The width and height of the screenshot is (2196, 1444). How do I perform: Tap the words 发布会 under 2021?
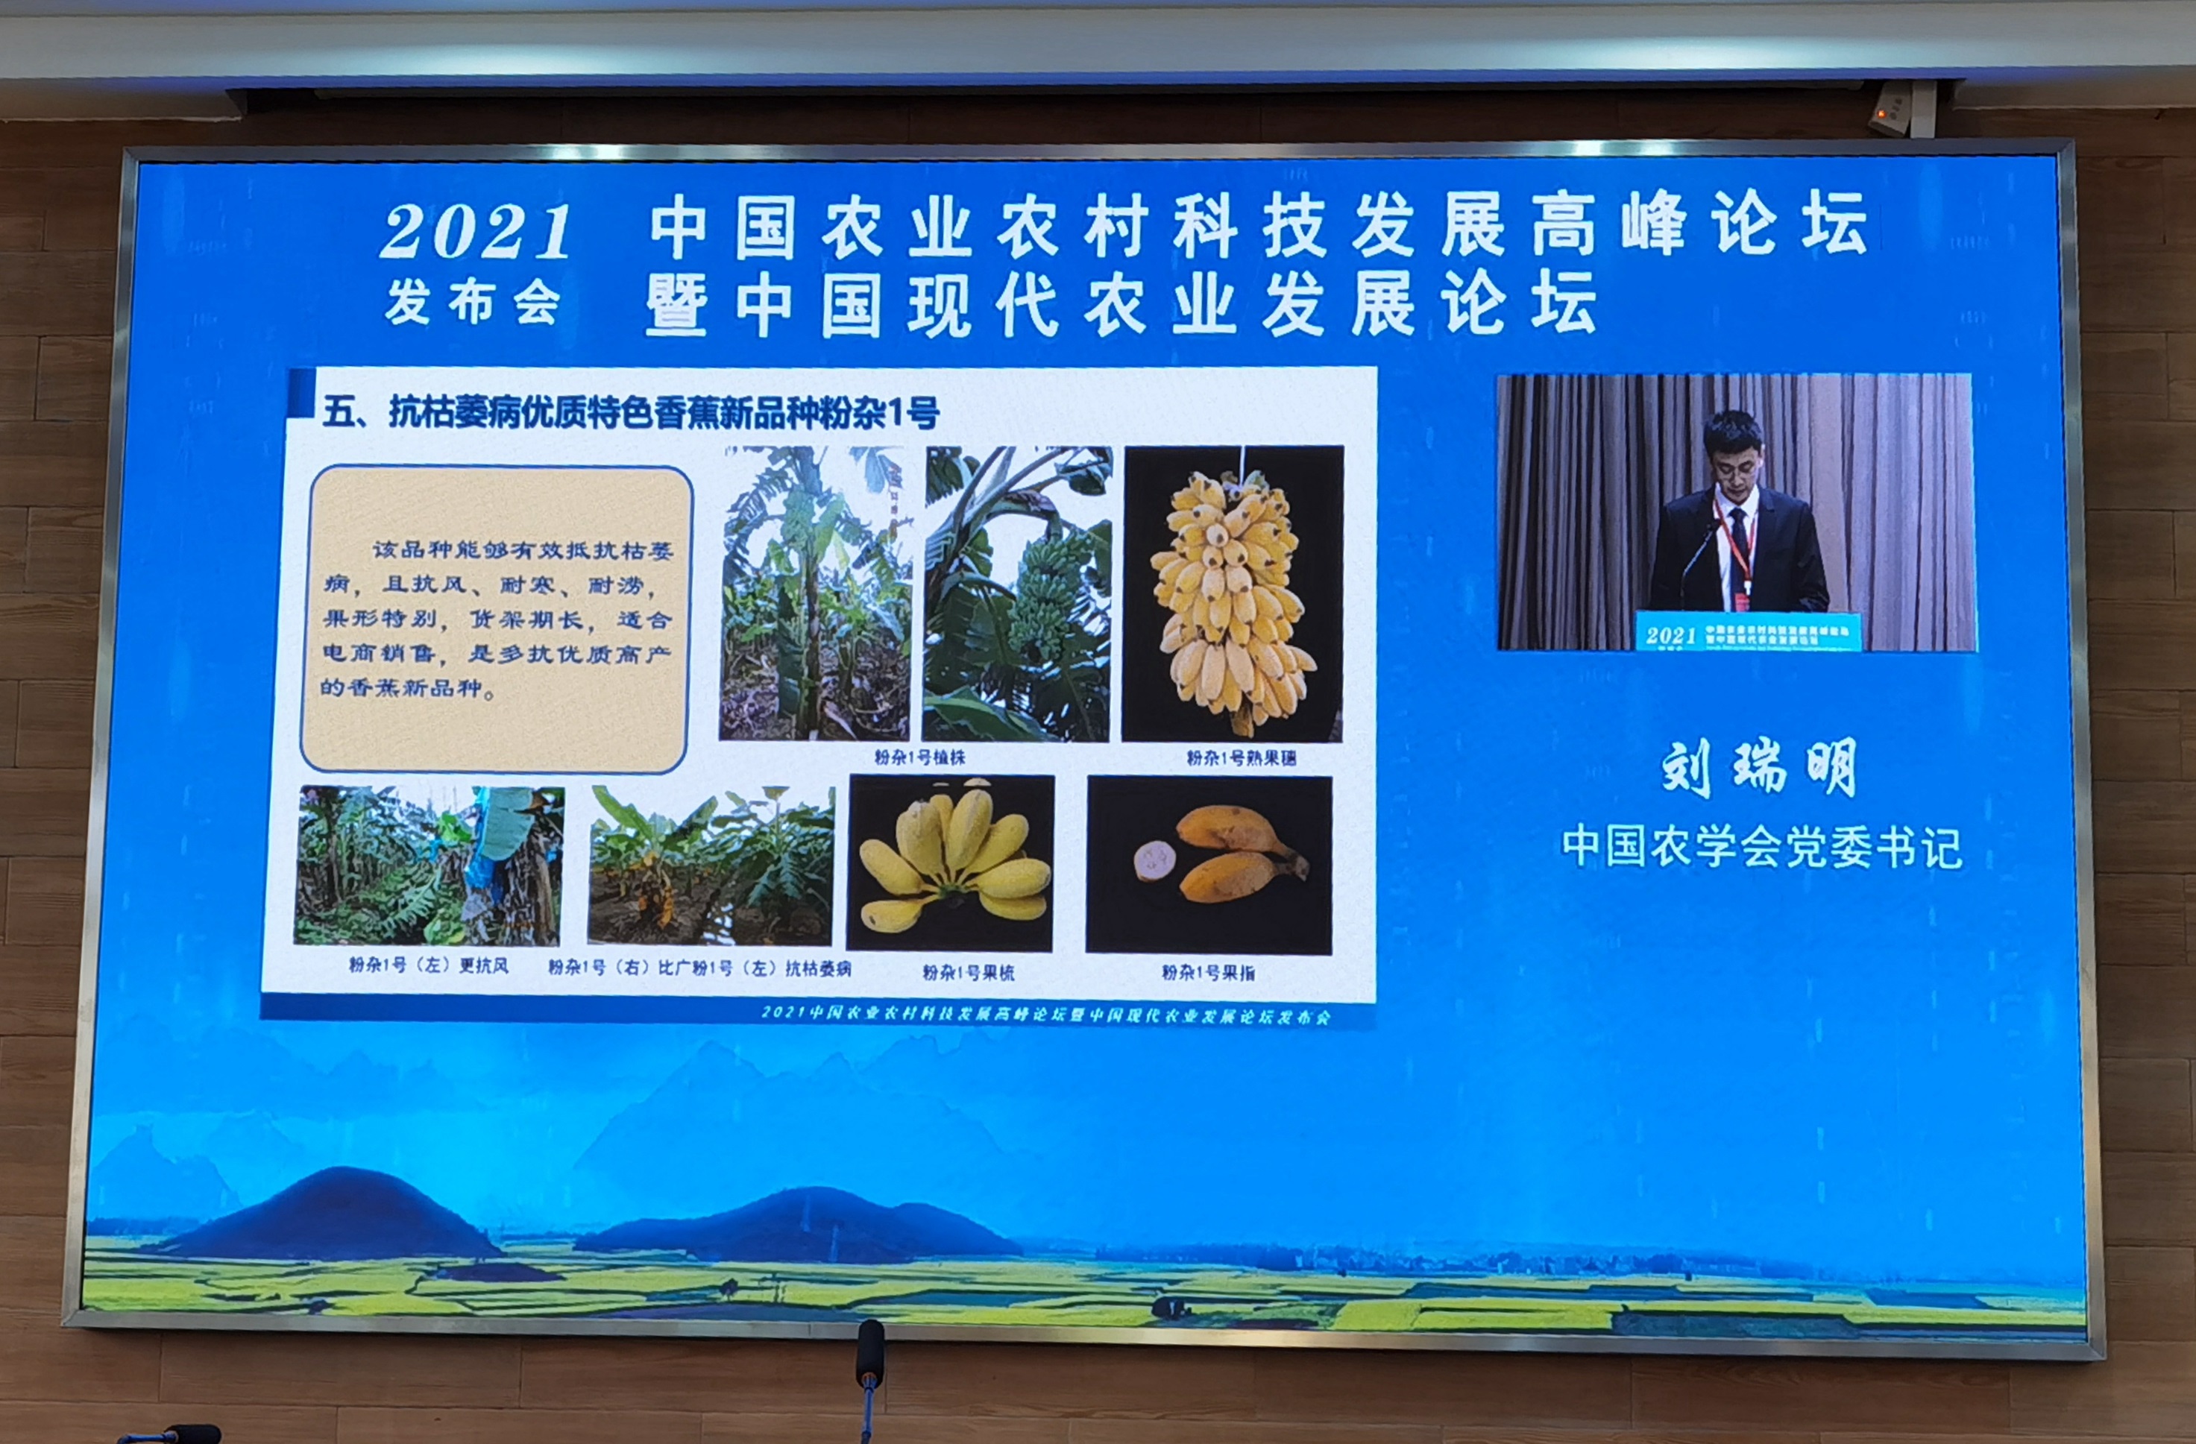click(473, 303)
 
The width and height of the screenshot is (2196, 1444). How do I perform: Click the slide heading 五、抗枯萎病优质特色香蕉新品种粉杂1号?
click(631, 412)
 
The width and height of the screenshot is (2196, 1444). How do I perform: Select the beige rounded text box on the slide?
click(497, 619)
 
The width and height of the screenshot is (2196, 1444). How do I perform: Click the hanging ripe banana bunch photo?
click(1231, 595)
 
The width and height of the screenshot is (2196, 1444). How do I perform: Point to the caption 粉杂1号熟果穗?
click(1241, 758)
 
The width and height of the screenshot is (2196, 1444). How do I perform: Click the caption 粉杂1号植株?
click(919, 757)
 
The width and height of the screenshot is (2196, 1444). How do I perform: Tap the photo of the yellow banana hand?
click(951, 863)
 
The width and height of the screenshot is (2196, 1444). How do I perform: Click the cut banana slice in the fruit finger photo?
click(1154, 861)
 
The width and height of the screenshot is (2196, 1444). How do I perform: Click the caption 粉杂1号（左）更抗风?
click(428, 966)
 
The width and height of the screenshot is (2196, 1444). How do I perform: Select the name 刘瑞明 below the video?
click(1758, 768)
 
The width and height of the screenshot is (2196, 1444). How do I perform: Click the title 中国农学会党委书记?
click(1761, 847)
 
